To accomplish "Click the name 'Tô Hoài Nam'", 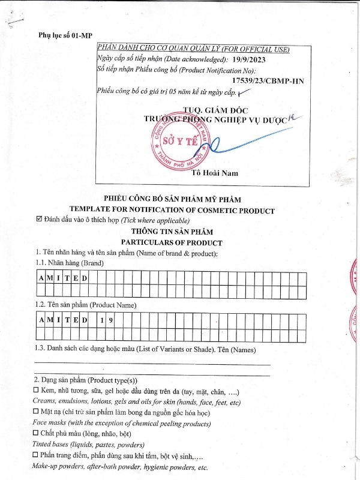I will click(215, 173).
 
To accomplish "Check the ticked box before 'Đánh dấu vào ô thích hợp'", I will click(40, 220).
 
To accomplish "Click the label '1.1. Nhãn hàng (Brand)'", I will click(69, 263).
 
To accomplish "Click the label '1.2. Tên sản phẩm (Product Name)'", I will click(85, 305).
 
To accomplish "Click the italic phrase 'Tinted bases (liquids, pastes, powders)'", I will click(88, 445).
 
